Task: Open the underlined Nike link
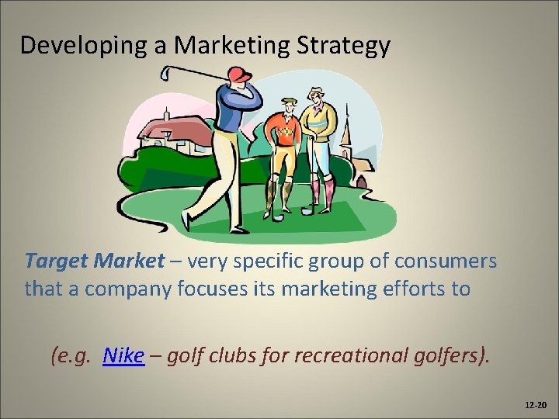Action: tap(123, 355)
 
